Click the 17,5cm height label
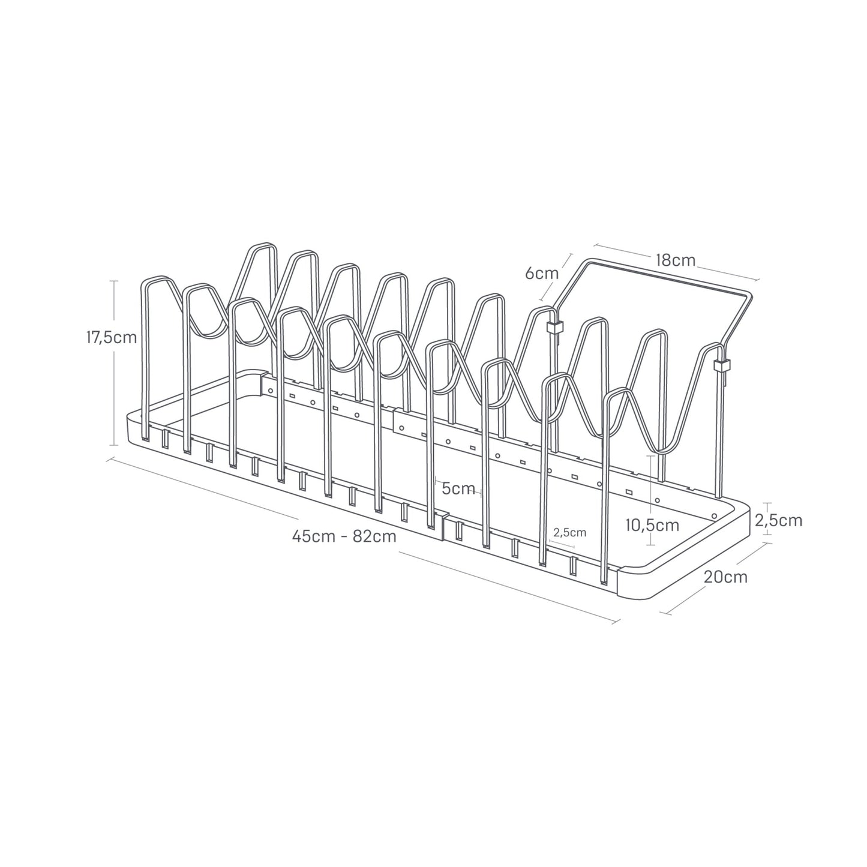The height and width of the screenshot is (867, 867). tap(112, 337)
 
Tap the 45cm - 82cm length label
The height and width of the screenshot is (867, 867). tap(344, 536)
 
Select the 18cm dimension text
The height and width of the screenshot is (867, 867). tap(675, 260)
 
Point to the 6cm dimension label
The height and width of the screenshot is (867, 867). tap(541, 274)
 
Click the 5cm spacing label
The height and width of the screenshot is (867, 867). tap(458, 488)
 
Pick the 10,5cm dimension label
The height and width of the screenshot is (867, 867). tap(652, 526)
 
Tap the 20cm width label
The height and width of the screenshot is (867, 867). tap(726, 577)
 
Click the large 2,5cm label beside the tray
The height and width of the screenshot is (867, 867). tap(778, 520)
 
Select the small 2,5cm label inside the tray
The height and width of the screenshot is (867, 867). tap(570, 532)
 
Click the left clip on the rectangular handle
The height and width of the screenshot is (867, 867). tap(555, 328)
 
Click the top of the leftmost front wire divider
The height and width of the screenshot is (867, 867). tap(155, 278)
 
